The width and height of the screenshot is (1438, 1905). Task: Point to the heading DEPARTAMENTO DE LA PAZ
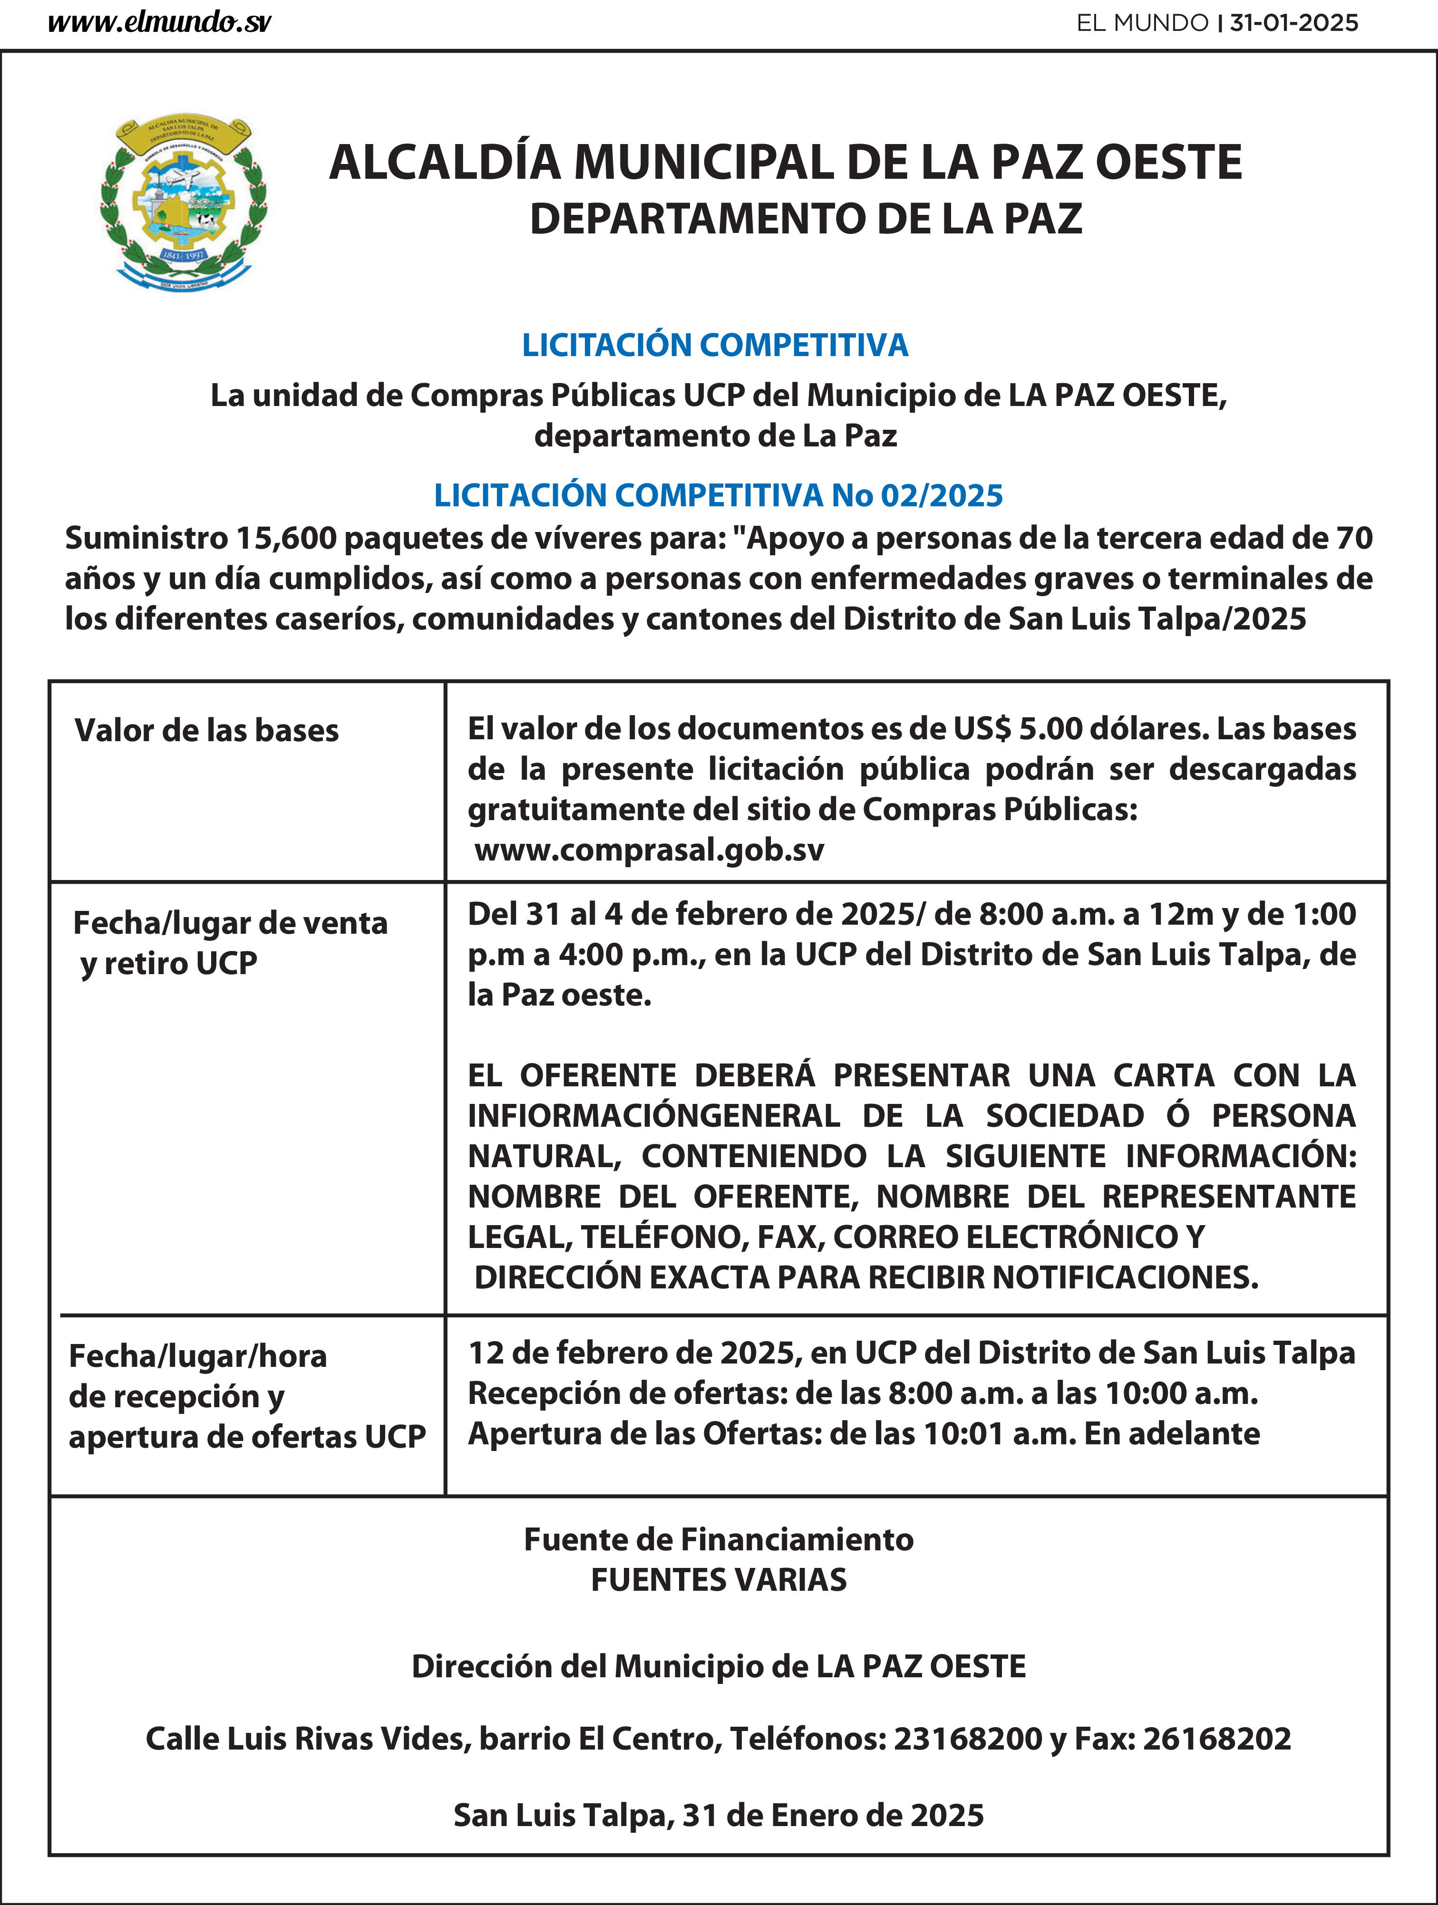point(806,219)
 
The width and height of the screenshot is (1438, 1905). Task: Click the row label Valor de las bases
point(207,730)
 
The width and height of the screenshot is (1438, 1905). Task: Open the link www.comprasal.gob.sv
point(649,850)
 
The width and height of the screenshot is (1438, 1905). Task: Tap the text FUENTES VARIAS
point(719,1579)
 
